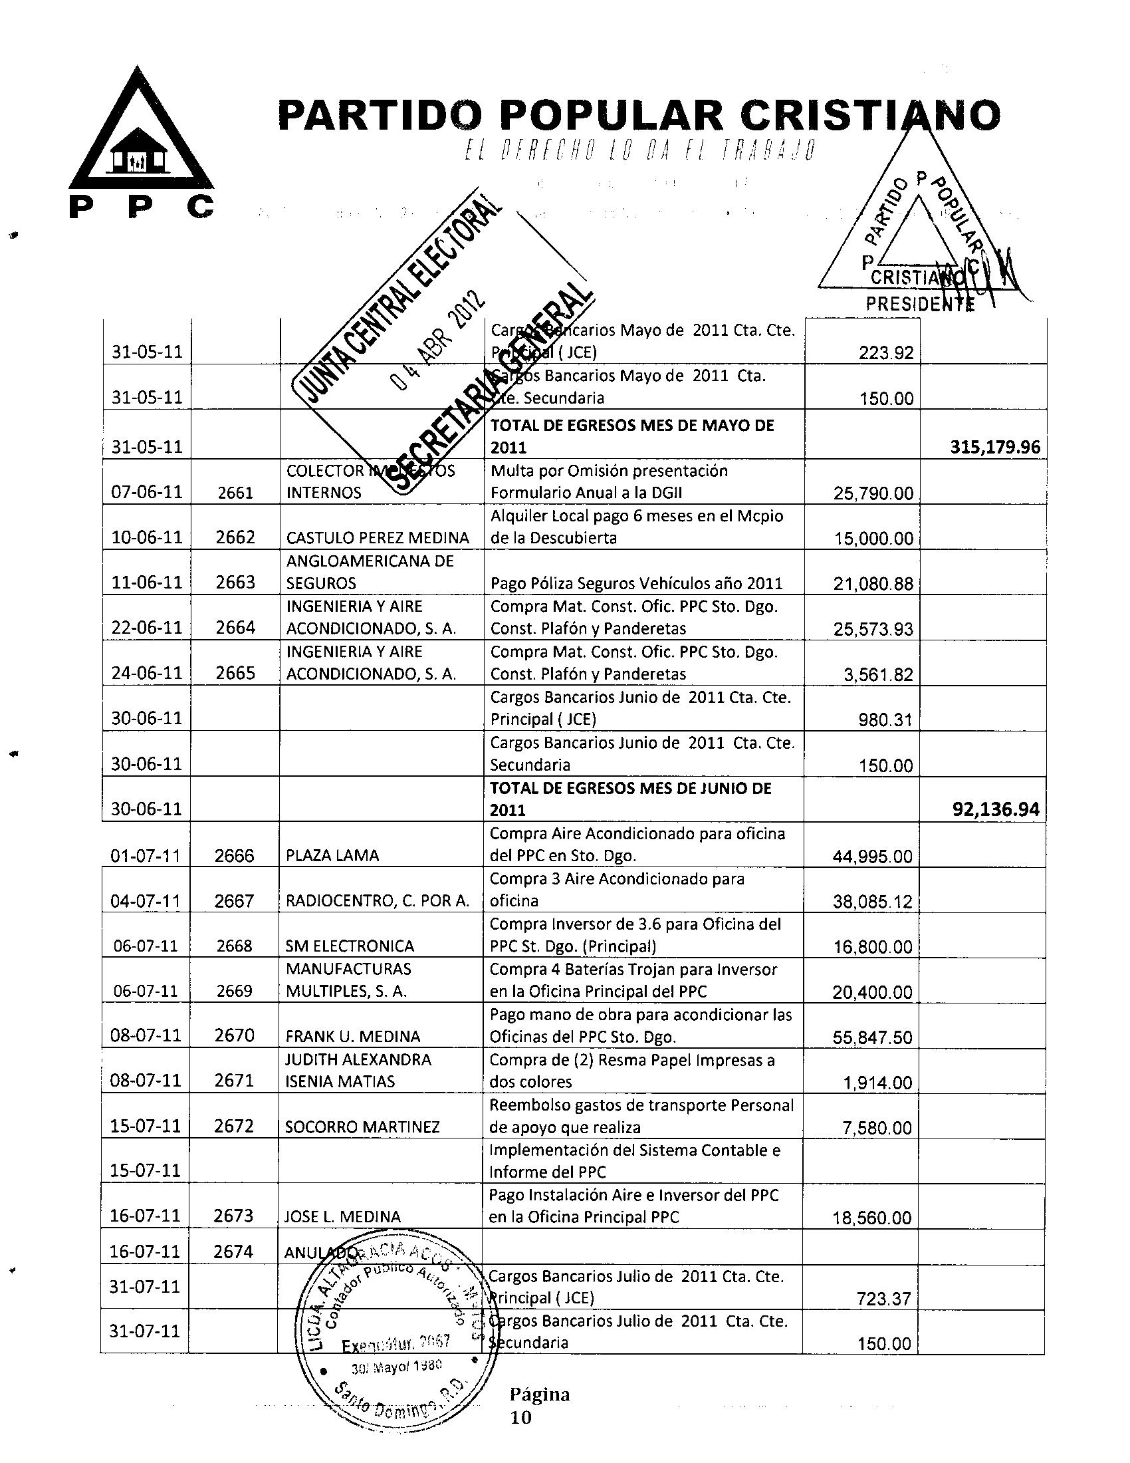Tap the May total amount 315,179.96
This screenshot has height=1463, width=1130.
(996, 447)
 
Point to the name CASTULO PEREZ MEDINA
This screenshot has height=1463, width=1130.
(378, 538)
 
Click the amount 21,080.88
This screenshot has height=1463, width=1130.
(873, 584)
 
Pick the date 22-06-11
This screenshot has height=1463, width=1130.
(148, 628)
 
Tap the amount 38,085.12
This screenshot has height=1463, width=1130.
(872, 902)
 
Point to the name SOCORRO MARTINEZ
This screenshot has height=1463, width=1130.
(362, 1127)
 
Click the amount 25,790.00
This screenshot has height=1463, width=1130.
(873, 493)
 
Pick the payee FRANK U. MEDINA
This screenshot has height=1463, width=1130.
(353, 1037)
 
